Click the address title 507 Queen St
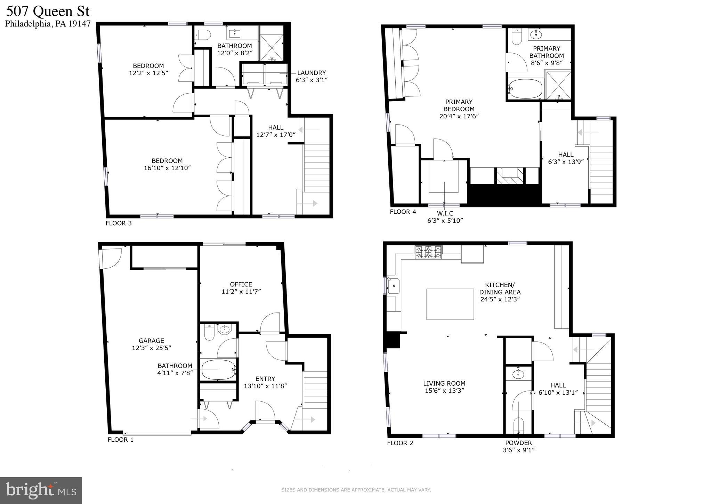(48, 11)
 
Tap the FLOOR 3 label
(119, 223)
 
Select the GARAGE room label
(151, 341)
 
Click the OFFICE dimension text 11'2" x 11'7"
(241, 292)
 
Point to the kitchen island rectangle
(450, 304)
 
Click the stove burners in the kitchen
(428, 252)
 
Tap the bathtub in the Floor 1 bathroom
(218, 369)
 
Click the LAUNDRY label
(311, 73)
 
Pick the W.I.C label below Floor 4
(445, 213)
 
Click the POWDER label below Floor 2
(518, 443)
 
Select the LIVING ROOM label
(444, 384)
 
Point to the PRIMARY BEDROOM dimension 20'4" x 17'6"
(459, 116)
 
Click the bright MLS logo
(41, 490)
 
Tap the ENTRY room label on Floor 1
(265, 379)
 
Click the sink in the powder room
(518, 375)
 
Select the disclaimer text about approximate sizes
(356, 490)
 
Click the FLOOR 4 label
(403, 212)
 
